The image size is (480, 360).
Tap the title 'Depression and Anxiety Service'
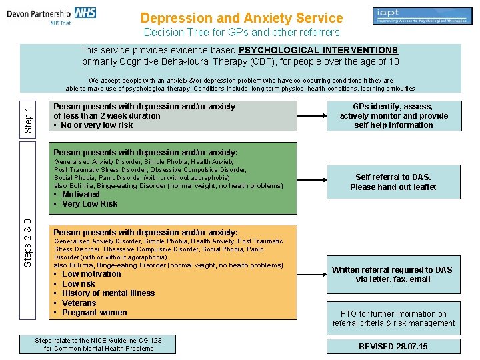(242, 19)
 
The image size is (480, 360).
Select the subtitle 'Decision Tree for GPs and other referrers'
(242, 32)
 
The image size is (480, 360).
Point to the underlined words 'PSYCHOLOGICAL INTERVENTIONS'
(318, 51)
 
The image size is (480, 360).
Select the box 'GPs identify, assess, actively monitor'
(394, 116)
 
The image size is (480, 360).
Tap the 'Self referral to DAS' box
(393, 182)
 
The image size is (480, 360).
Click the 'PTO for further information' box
(393, 319)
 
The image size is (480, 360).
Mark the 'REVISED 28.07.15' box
(393, 347)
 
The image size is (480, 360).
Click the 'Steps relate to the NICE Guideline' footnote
(98, 344)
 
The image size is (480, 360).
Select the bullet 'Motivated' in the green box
(81, 195)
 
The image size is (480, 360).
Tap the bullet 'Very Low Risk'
(89, 204)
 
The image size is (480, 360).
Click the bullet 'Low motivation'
(91, 274)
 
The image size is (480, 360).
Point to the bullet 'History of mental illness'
(108, 293)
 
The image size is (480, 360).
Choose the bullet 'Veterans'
(79, 303)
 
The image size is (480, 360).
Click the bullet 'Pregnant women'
(94, 313)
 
